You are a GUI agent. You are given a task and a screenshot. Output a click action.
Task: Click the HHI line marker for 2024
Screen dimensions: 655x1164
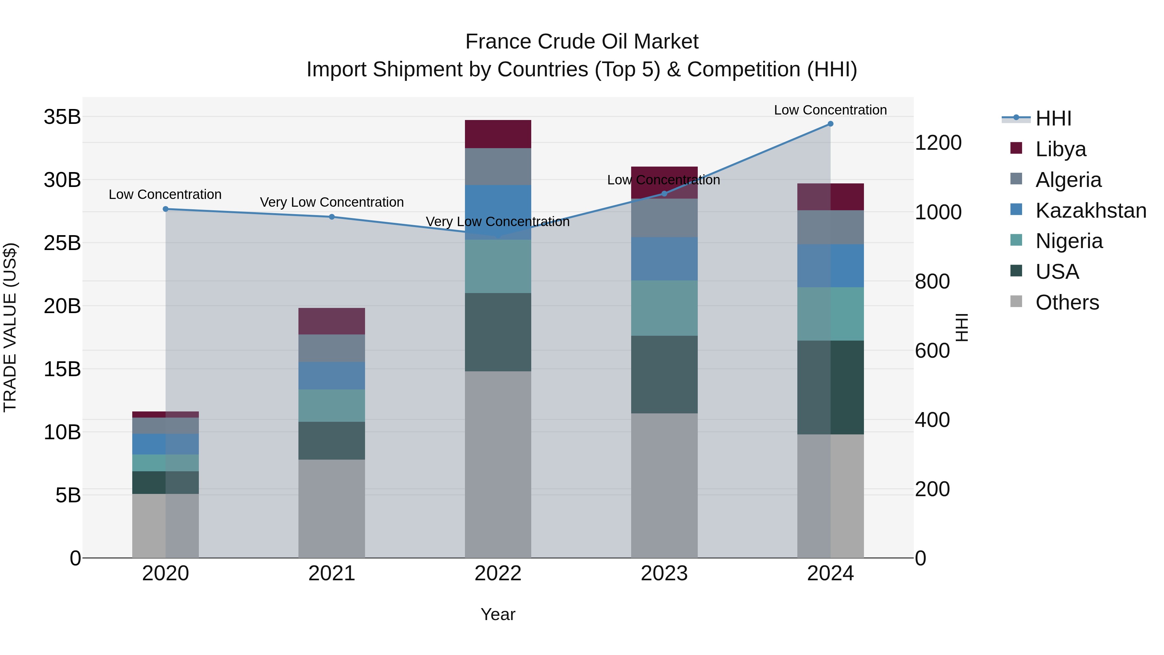pyautogui.click(x=831, y=124)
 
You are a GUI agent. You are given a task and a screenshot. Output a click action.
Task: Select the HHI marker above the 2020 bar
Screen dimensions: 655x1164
pyautogui.click(x=165, y=209)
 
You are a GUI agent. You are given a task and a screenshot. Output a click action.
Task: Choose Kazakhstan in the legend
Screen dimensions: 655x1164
pyautogui.click(x=1090, y=211)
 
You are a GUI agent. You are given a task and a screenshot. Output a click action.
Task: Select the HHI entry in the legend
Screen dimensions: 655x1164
pyautogui.click(x=1053, y=118)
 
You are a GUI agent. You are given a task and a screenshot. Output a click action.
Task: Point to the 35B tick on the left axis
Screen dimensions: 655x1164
pyautogui.click(x=62, y=117)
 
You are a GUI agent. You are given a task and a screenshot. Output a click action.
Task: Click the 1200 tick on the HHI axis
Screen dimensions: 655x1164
pyautogui.click(x=938, y=143)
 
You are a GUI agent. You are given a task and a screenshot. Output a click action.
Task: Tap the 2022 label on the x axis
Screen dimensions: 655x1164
pyautogui.click(x=498, y=573)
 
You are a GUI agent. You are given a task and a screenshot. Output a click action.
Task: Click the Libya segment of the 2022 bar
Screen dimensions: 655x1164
pyautogui.click(x=498, y=134)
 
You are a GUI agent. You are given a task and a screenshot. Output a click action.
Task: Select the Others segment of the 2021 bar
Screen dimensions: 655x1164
pyautogui.click(x=332, y=508)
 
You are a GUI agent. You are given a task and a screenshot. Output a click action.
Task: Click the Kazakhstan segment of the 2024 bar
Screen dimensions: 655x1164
pyautogui.click(x=831, y=266)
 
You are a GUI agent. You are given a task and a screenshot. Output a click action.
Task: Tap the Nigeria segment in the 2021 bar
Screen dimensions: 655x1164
pyautogui.click(x=332, y=406)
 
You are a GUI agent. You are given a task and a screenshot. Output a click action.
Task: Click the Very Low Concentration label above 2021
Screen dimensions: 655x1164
pyautogui.click(x=332, y=202)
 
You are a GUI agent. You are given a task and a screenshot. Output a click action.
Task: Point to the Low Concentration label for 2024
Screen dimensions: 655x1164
pyautogui.click(x=831, y=110)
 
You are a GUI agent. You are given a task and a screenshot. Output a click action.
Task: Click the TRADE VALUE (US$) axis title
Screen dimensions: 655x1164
pyautogui.click(x=10, y=327)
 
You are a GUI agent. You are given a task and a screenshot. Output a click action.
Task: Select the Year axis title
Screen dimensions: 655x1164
pyautogui.click(x=498, y=614)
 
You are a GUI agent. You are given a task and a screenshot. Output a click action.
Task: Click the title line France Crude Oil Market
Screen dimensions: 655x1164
pyautogui.click(x=582, y=42)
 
